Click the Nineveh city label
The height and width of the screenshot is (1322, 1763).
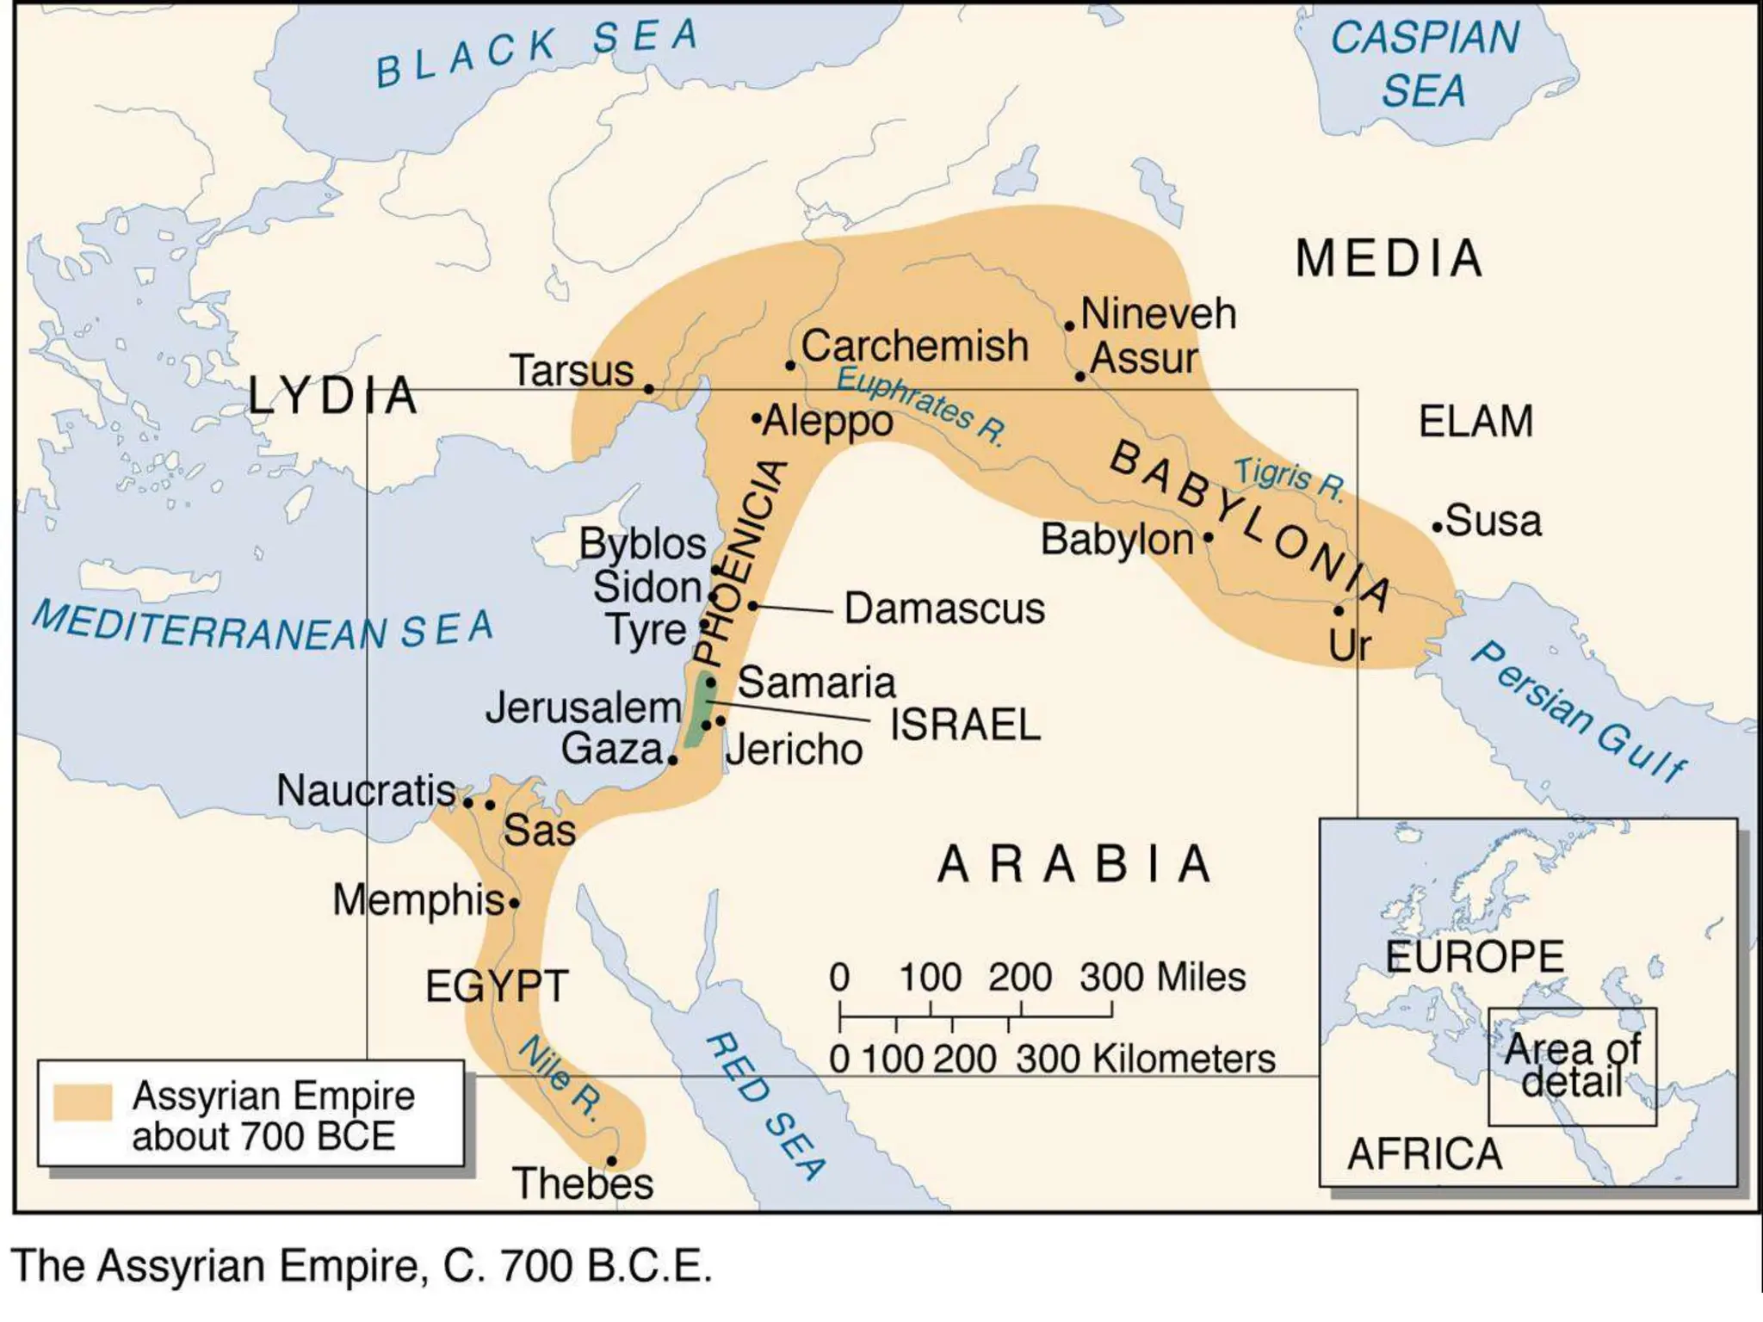(1158, 313)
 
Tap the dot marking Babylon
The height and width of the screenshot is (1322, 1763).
(1208, 537)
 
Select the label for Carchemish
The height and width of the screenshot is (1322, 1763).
(914, 346)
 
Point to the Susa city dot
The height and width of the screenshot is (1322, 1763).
(1437, 527)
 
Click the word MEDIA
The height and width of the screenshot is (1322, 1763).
(1389, 258)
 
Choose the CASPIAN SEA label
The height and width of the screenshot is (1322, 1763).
(1425, 64)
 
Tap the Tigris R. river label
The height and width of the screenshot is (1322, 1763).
(1289, 479)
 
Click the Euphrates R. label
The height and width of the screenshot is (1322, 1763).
(920, 405)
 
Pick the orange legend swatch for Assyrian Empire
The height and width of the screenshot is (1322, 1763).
(83, 1102)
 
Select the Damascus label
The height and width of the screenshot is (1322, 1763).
(944, 608)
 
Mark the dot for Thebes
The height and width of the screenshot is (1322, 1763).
(611, 1161)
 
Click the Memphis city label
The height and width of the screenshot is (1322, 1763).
(418, 900)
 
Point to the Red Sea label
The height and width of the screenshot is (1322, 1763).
(764, 1107)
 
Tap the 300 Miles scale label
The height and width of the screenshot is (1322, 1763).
(1162, 978)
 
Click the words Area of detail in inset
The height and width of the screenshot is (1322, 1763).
(1572, 1066)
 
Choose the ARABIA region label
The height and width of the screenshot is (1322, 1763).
(1074, 864)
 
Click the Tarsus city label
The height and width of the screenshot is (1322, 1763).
(572, 371)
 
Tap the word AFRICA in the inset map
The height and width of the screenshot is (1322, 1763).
(1424, 1154)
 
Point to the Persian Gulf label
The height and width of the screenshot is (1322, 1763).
(1578, 711)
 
